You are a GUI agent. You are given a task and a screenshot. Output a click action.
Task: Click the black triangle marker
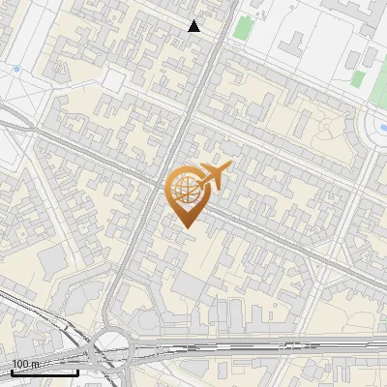click(x=194, y=26)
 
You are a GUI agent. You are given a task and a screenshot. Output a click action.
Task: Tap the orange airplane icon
click(x=215, y=176)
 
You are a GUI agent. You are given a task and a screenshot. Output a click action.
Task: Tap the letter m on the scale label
click(x=35, y=363)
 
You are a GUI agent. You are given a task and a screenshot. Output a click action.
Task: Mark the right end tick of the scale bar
click(x=78, y=371)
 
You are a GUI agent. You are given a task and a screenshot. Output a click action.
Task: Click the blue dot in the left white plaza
click(x=17, y=69)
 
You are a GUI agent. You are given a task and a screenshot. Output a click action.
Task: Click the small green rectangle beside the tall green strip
click(x=358, y=79)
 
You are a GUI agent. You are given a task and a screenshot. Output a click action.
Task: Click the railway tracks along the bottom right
click(x=290, y=345)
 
